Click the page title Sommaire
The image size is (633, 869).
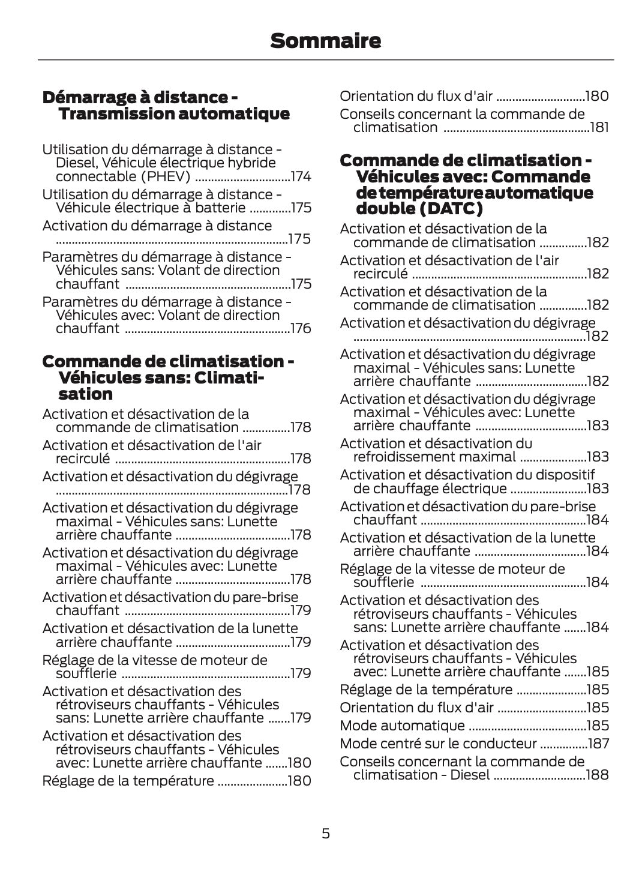325,41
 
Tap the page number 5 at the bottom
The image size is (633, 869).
325,833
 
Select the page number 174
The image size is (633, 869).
301,176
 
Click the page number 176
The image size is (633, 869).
301,328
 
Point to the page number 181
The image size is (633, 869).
599,127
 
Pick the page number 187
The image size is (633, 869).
598,744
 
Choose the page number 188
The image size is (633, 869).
598,775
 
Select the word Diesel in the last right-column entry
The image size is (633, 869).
469,775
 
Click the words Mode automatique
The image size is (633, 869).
402,726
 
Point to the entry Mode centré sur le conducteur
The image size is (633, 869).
438,744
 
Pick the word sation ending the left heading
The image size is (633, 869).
86,394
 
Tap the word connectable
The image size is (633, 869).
88,176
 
